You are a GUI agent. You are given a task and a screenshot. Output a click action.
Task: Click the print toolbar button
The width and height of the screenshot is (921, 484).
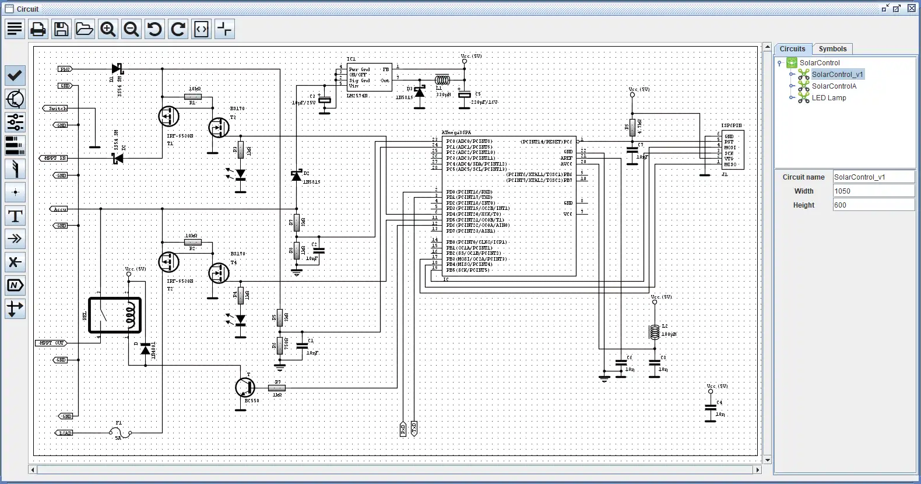click(x=38, y=29)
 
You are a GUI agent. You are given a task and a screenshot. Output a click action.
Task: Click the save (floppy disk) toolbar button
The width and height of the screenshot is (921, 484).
click(x=61, y=29)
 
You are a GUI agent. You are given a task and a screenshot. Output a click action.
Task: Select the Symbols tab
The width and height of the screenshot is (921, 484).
click(x=832, y=49)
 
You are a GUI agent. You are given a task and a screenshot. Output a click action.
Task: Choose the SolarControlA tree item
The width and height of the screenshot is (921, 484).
click(x=834, y=86)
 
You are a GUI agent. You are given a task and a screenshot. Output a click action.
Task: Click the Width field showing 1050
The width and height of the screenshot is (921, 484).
click(x=873, y=191)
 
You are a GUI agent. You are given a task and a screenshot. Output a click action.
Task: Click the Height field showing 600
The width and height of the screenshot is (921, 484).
click(x=873, y=205)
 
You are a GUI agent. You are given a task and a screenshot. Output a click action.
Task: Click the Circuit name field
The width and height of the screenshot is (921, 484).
click(x=873, y=177)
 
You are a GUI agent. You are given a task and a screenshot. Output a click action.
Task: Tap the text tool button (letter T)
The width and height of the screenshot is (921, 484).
click(x=15, y=216)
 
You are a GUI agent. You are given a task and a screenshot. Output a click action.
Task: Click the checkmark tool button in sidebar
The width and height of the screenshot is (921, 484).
click(x=15, y=75)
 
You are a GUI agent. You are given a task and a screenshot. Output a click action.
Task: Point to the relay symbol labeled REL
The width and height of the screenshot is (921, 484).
click(x=115, y=315)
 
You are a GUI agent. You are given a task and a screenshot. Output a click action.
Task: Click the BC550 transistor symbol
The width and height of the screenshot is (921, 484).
click(x=245, y=387)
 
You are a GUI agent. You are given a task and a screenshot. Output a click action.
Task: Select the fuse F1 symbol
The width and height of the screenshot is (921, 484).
click(x=120, y=433)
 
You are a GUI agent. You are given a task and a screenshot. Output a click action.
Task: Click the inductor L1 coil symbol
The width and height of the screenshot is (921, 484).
click(x=442, y=80)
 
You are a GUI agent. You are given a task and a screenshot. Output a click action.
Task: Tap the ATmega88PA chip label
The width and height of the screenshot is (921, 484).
click(x=456, y=133)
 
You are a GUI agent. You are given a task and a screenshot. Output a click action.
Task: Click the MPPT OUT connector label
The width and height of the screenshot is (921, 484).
click(x=51, y=343)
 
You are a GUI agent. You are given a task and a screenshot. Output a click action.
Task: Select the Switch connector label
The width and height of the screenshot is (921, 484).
click(x=56, y=108)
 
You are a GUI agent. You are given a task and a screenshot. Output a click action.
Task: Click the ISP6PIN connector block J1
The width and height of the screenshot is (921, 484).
click(x=732, y=150)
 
